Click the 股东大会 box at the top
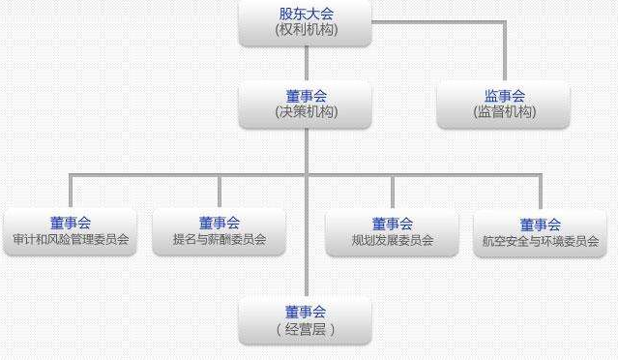point(306,22)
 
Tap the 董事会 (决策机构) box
point(306,105)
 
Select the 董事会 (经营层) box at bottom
point(306,320)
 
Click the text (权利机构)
point(306,30)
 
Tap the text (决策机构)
point(306,112)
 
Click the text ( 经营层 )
point(306,329)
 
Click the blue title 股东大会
point(306,14)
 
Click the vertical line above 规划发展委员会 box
point(392,191)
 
